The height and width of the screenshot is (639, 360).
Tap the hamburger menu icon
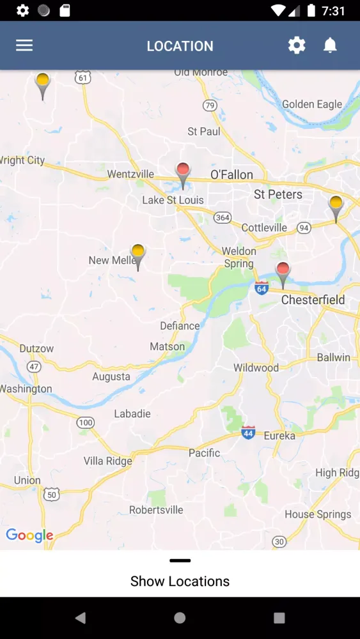click(24, 45)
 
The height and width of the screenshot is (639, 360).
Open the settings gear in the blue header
click(297, 45)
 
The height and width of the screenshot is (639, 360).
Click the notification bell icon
click(330, 45)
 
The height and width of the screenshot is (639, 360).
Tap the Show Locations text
click(180, 581)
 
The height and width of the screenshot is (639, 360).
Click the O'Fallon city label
click(231, 174)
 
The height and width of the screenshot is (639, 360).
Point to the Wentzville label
click(130, 174)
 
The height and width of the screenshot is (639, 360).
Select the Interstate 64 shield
click(261, 288)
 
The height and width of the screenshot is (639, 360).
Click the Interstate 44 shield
click(248, 432)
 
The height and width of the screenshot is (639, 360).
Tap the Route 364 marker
click(222, 217)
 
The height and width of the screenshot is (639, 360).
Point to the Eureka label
click(279, 436)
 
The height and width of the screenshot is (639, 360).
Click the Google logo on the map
click(29, 535)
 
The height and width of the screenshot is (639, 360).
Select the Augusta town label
click(111, 376)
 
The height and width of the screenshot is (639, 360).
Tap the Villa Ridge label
click(107, 461)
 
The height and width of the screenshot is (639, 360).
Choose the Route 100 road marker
click(85, 422)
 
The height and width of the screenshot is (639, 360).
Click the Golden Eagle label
click(312, 104)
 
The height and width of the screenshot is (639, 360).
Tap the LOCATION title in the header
click(180, 46)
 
